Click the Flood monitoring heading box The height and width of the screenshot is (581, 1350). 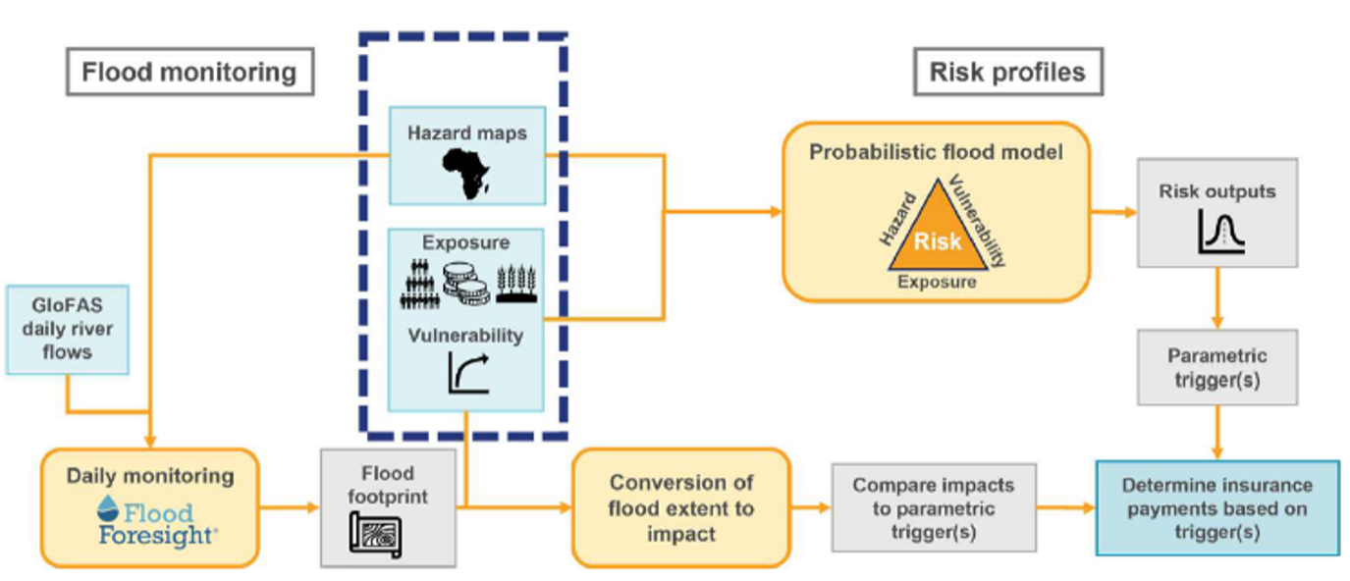pyautogui.click(x=189, y=73)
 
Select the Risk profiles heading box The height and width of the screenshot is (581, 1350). pyautogui.click(x=1007, y=73)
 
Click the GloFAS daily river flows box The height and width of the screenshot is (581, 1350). pyautogui.click(x=68, y=329)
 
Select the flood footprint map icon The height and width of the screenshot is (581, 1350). pyautogui.click(x=377, y=536)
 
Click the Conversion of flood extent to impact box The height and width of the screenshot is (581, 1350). pyautogui.click(x=680, y=507)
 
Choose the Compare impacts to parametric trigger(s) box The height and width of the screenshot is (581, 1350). pyautogui.click(x=933, y=508)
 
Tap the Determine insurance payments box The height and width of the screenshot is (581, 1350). pyautogui.click(x=1216, y=508)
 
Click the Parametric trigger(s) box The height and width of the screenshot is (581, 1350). pyautogui.click(x=1216, y=367)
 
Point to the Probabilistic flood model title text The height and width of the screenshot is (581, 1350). pyautogui.click(x=936, y=152)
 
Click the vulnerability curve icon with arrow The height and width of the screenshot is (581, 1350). pyautogui.click(x=468, y=373)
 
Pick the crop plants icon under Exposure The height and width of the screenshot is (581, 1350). pyautogui.click(x=515, y=283)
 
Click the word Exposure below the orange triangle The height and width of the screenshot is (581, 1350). pyautogui.click(x=937, y=282)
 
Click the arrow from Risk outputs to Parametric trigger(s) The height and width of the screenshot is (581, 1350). pyautogui.click(x=1217, y=299)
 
